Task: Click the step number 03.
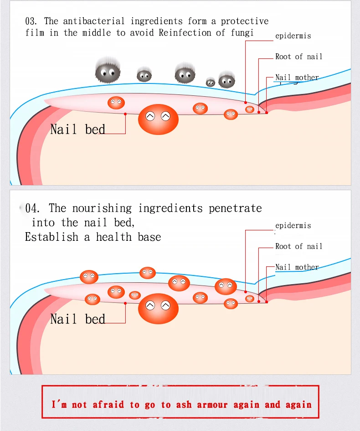(31, 21)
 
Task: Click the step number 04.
(32, 208)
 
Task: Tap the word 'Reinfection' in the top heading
(185, 33)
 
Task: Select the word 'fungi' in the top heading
(242, 33)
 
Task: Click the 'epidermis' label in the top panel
(293, 36)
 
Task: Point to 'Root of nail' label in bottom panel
(299, 246)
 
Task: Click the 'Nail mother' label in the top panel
(297, 78)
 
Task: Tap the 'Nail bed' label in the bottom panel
(78, 319)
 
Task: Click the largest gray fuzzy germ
(108, 70)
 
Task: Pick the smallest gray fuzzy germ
(211, 82)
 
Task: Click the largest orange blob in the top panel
(158, 119)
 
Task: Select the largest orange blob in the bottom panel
(158, 309)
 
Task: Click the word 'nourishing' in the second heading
(102, 208)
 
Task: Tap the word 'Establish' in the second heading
(51, 237)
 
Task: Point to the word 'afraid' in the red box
(108, 405)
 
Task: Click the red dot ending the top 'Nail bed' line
(125, 114)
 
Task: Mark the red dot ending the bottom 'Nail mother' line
(267, 302)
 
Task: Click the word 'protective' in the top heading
(245, 21)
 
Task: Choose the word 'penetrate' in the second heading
(235, 209)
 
